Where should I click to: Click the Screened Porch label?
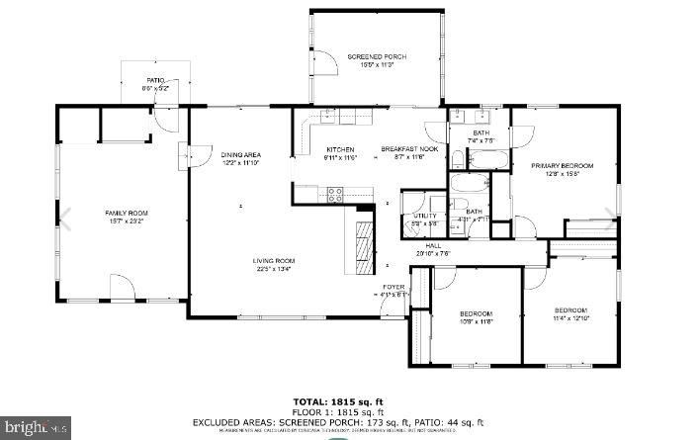click(377, 57)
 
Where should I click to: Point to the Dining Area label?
click(240, 155)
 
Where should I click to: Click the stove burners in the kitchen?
click(336, 192)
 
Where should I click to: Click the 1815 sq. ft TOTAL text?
click(349, 400)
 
